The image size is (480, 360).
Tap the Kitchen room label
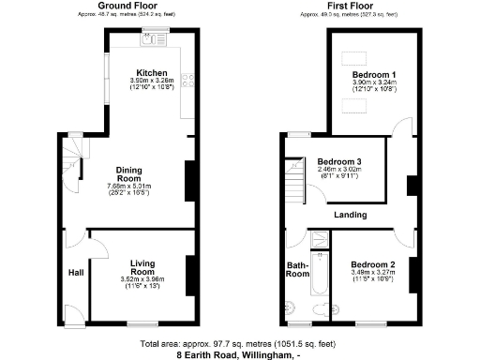(x=151, y=73)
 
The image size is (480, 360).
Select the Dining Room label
(x=128, y=173)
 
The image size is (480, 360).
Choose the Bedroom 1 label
(x=374, y=74)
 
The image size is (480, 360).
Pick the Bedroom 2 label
(x=374, y=265)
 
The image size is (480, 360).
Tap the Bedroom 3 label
(x=338, y=160)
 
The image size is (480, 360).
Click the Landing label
(x=352, y=215)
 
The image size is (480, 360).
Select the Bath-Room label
(x=297, y=269)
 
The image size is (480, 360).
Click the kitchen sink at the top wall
(x=153, y=38)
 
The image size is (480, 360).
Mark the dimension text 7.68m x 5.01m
(x=128, y=185)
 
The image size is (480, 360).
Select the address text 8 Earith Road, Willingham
(x=234, y=354)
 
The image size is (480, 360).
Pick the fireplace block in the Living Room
(x=190, y=271)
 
